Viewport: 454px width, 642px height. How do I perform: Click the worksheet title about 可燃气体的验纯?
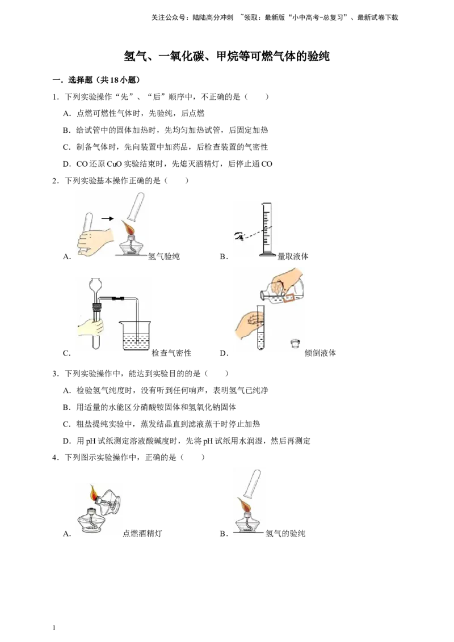click(226, 56)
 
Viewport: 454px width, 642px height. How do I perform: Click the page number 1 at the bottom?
click(54, 628)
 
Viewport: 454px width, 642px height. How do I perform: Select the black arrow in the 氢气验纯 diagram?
click(107, 219)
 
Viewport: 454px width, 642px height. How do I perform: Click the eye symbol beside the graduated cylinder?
click(239, 235)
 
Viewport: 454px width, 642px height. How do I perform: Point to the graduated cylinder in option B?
click(267, 230)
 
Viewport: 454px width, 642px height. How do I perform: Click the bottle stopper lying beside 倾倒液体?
click(295, 343)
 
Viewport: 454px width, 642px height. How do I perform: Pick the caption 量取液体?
click(293, 256)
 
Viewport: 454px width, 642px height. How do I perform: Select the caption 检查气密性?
click(171, 353)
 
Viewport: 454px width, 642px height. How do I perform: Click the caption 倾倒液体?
click(320, 353)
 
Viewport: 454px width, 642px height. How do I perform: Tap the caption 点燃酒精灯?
click(142, 534)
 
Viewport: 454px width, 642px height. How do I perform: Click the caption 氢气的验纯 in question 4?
click(285, 534)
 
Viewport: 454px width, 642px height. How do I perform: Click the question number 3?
click(55, 373)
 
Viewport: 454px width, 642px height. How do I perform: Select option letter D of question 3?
click(67, 441)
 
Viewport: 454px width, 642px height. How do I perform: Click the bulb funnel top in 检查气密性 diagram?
click(95, 284)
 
